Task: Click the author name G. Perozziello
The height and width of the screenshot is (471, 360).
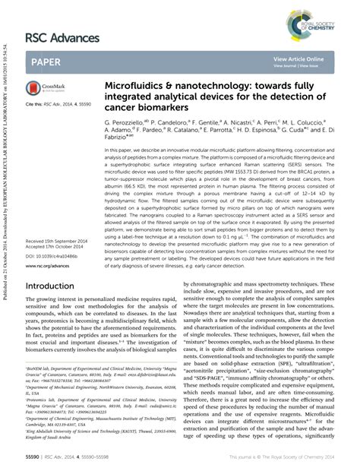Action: tap(125, 121)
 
